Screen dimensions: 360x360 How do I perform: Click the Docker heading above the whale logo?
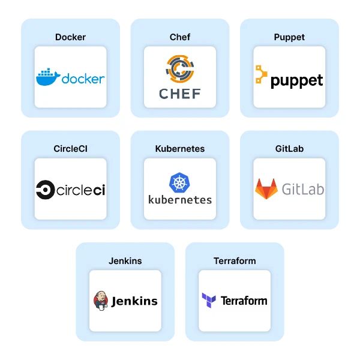(x=70, y=37)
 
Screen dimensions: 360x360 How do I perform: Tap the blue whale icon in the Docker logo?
(x=48, y=77)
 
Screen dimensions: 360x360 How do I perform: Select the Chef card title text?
(x=180, y=37)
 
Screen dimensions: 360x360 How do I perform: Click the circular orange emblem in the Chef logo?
(x=180, y=68)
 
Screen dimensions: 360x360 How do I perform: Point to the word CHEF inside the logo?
(x=180, y=94)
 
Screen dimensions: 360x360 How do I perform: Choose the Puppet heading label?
(x=289, y=37)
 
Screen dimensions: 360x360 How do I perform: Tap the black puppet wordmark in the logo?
(x=297, y=81)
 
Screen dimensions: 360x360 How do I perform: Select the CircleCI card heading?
(x=70, y=149)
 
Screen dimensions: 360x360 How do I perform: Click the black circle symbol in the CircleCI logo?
(x=44, y=190)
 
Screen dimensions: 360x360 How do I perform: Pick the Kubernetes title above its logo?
(x=180, y=149)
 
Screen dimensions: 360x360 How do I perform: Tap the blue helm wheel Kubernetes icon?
(x=180, y=182)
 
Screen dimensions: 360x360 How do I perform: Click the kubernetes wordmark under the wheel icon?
(x=180, y=199)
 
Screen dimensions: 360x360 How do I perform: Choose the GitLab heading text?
(x=289, y=149)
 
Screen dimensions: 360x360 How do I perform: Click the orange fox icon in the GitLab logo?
(x=266, y=188)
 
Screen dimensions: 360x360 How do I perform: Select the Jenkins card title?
(x=125, y=261)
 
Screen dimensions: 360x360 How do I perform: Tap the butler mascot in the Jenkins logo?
(x=101, y=301)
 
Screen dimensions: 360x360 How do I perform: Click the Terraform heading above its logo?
(x=235, y=261)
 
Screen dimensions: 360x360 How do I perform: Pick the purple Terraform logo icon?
(x=209, y=300)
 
